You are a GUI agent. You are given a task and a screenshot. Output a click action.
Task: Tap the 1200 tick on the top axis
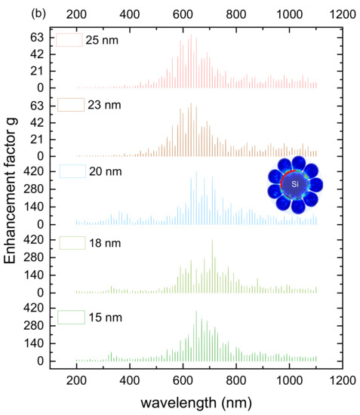pyautogui.click(x=342, y=14)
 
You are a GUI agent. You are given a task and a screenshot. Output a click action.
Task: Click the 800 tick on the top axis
pyautogui.click(x=235, y=14)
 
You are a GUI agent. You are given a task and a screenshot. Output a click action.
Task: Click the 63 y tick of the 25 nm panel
pyautogui.click(x=40, y=38)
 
